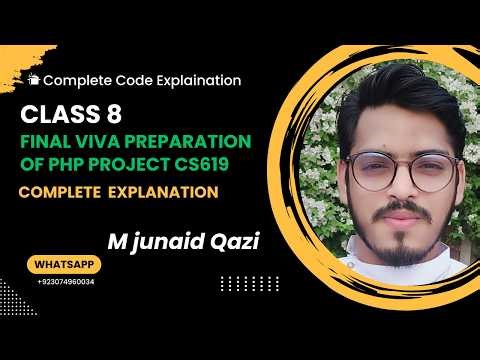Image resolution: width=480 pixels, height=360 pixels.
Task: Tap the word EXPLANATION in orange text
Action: [x=170, y=189]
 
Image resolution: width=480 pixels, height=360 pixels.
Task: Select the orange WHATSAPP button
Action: [x=65, y=266]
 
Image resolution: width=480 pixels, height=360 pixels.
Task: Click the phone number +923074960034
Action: [x=65, y=283]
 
